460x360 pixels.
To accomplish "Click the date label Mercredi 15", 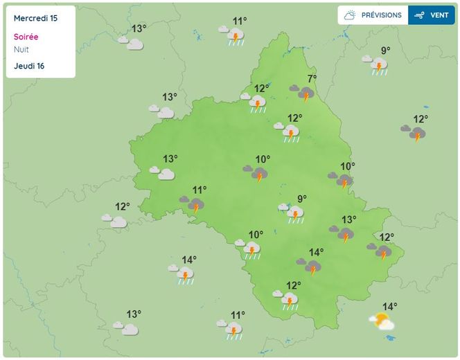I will click(x=35, y=19).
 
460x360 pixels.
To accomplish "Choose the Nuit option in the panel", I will click(x=21, y=49).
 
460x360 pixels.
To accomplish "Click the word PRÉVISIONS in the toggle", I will click(x=381, y=15).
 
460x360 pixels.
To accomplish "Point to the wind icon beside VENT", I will click(x=419, y=15).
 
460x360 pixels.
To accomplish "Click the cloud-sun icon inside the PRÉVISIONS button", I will click(x=351, y=15).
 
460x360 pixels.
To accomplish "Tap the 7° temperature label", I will click(x=312, y=78).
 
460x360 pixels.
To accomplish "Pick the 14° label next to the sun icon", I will click(x=390, y=307).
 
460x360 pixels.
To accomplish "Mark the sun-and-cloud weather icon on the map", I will click(x=381, y=322).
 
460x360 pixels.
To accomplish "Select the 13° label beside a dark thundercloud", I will click(x=348, y=220).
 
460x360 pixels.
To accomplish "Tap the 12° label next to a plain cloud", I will click(x=123, y=207).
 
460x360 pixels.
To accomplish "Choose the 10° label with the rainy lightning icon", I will click(x=256, y=235).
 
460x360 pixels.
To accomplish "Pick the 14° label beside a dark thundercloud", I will click(x=317, y=253).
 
